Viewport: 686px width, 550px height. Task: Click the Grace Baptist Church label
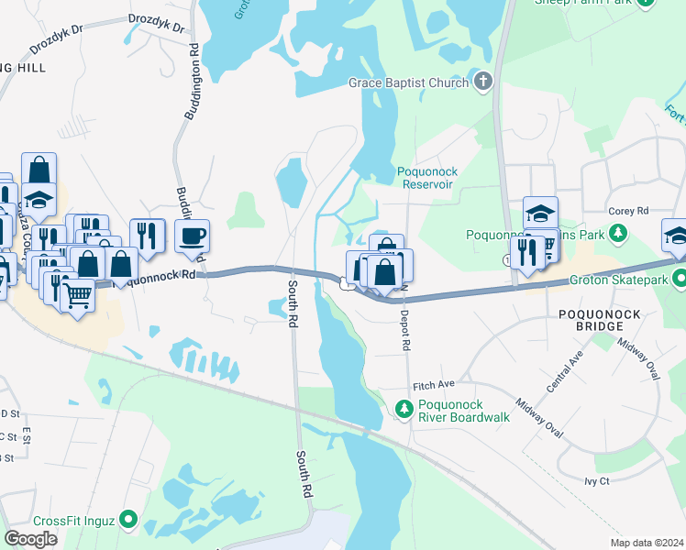click(409, 82)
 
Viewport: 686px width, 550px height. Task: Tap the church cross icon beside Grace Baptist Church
click(483, 82)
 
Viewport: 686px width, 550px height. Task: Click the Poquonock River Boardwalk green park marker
click(402, 409)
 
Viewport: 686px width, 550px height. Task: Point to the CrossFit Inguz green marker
click(128, 520)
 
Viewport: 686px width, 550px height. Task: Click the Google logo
click(31, 538)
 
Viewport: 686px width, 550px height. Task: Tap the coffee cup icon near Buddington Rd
click(192, 236)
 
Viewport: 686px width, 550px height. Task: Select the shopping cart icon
click(77, 295)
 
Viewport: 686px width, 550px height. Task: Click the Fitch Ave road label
click(434, 385)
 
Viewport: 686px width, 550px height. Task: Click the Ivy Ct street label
click(596, 480)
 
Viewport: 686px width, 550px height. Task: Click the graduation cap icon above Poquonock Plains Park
click(540, 213)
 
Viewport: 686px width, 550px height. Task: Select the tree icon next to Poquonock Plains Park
click(619, 235)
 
